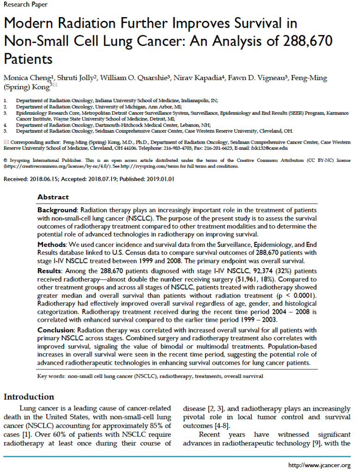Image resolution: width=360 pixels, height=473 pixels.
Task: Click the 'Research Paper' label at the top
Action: tap(24, 5)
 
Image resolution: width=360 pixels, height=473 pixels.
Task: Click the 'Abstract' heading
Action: tap(53, 197)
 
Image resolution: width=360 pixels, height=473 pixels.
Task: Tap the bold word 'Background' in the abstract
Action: tap(56, 210)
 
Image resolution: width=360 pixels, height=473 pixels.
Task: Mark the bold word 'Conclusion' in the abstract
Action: tap(56, 330)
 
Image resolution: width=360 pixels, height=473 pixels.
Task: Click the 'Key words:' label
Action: tap(51, 376)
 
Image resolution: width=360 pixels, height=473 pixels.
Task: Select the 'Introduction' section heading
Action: tap(29, 397)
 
